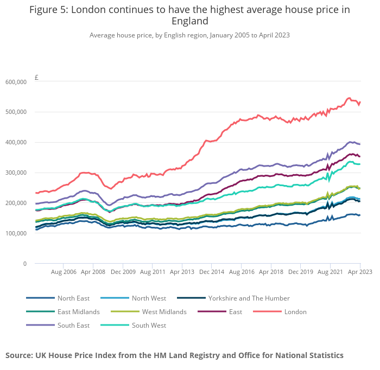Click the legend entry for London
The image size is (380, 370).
295,312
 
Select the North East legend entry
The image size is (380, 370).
73,298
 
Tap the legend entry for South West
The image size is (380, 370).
149,326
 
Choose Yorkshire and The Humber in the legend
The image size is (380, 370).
249,298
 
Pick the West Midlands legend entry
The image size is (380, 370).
164,312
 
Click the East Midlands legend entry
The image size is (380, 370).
78,312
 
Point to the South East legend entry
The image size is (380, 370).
73,326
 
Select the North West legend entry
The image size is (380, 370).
149,298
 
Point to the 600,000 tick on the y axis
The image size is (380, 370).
16,82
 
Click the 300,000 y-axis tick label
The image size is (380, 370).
16,173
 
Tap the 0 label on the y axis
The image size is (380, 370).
24,264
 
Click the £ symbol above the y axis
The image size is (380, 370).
36,77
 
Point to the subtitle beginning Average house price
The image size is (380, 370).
189,35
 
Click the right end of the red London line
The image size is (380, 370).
360,103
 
